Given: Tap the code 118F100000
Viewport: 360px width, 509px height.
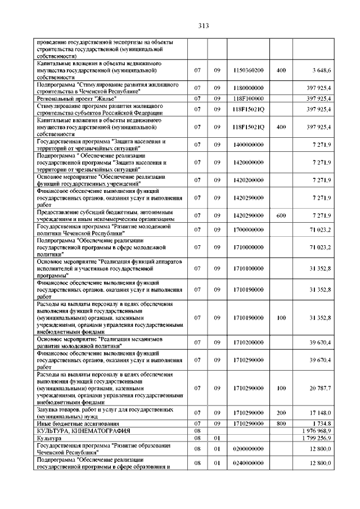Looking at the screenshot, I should pyautogui.click(x=248, y=98).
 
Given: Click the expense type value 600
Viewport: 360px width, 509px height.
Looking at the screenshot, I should pyautogui.click(x=281, y=215).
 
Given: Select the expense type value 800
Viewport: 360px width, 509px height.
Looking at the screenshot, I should pyautogui.click(x=281, y=423).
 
